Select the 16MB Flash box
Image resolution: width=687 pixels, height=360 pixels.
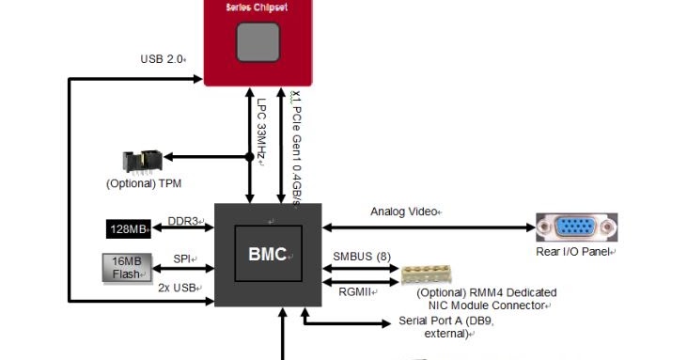tap(124, 267)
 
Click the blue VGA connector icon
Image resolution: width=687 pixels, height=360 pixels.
tap(575, 227)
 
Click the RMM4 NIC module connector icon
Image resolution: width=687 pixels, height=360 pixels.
tap(437, 274)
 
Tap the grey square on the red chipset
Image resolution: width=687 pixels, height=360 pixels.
tap(258, 41)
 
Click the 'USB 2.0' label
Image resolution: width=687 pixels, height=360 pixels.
tap(162, 59)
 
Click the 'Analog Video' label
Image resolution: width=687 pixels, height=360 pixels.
tap(404, 211)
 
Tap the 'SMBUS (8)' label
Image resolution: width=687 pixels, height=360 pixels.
tap(362, 256)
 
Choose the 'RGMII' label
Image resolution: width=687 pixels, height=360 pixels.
tap(356, 291)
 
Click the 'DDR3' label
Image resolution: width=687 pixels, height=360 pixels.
tap(183, 221)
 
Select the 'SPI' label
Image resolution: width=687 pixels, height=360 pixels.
tap(182, 259)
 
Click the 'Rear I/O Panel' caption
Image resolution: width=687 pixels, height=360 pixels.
tap(574, 252)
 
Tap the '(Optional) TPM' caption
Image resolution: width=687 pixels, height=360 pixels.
tap(144, 183)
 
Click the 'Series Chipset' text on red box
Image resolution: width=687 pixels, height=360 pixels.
tap(258, 7)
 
